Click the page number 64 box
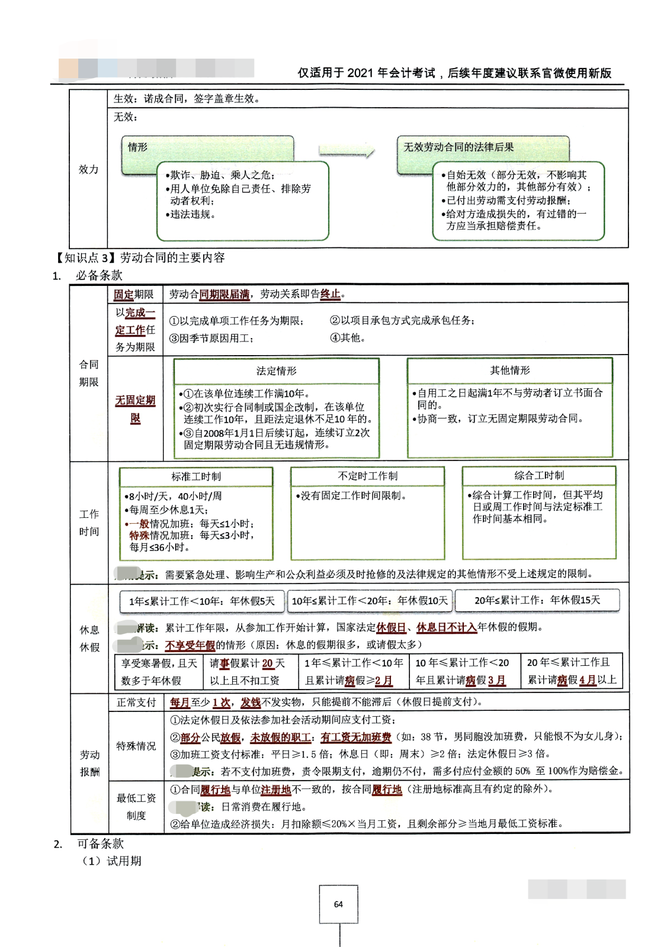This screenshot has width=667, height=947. (x=338, y=904)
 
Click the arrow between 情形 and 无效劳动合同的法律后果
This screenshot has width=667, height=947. (x=347, y=152)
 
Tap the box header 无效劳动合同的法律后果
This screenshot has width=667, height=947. (x=458, y=147)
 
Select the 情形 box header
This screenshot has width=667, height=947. (x=138, y=147)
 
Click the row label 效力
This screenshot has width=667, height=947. (x=88, y=169)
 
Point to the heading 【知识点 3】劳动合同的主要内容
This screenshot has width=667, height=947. (x=140, y=257)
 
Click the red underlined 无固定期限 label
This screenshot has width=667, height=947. (x=135, y=409)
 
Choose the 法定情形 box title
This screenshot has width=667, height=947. (x=276, y=371)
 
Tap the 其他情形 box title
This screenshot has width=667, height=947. (x=509, y=371)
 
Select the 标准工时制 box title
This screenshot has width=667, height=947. (x=196, y=476)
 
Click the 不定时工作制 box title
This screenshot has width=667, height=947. (x=367, y=476)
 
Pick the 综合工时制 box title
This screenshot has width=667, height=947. (x=539, y=475)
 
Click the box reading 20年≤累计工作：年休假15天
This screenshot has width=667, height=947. (x=537, y=600)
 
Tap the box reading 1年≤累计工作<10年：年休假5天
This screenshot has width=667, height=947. (x=202, y=601)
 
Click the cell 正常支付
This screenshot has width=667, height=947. (x=136, y=703)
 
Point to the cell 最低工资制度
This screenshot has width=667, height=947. (x=136, y=807)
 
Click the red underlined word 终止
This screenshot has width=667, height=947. (x=331, y=294)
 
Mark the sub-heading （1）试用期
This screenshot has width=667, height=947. (x=112, y=861)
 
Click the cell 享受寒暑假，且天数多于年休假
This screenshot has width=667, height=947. (x=159, y=672)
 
